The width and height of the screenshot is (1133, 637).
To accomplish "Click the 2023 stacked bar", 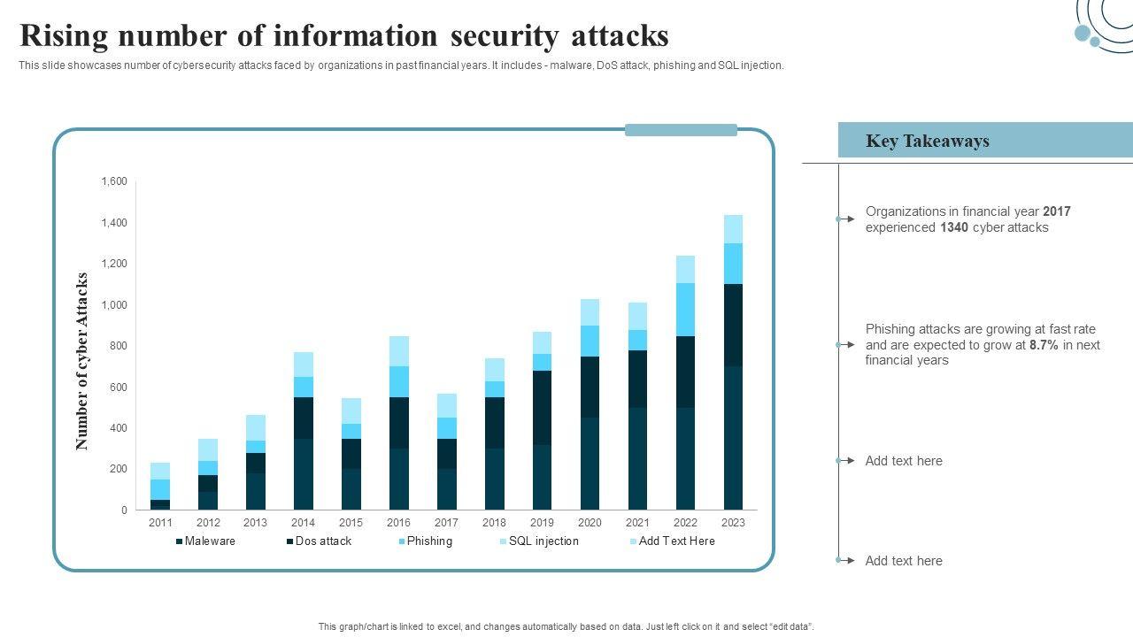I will pyautogui.click(x=733, y=363).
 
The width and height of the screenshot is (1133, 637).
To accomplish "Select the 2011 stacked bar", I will pyautogui.click(x=160, y=487).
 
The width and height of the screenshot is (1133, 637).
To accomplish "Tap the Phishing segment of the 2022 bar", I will pyautogui.click(x=685, y=310).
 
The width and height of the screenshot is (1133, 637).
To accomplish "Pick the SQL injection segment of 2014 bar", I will pyautogui.click(x=304, y=365).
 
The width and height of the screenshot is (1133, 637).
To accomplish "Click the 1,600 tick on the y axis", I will pyautogui.click(x=114, y=181).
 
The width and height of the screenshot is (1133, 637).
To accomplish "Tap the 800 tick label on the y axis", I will pyautogui.click(x=118, y=346).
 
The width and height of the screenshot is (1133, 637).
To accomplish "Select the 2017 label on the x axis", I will pyautogui.click(x=446, y=523).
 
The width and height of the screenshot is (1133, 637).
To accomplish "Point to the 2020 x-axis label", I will pyautogui.click(x=590, y=523).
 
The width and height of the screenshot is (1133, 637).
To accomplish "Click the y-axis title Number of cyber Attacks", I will pyautogui.click(x=82, y=361).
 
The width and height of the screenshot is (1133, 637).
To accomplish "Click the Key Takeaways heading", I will pyautogui.click(x=927, y=142).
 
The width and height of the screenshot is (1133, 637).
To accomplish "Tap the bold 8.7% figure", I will pyautogui.click(x=1044, y=345).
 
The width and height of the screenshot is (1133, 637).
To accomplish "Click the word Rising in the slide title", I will pyautogui.click(x=65, y=36).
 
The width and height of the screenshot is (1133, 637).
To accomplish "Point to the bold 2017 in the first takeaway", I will pyautogui.click(x=1057, y=211).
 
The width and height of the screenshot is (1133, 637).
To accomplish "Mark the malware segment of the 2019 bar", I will pyautogui.click(x=542, y=478).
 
